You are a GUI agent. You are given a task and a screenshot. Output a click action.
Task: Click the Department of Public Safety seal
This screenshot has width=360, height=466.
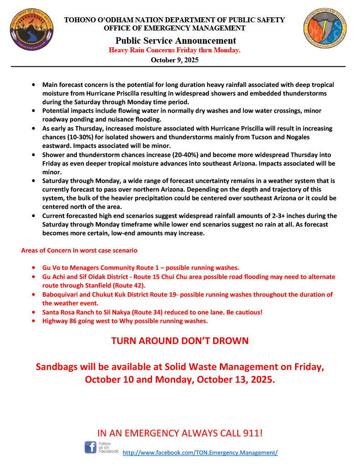pyautogui.click(x=31, y=31)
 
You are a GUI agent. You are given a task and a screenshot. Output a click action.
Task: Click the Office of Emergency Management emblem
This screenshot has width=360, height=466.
pyautogui.click(x=326, y=31)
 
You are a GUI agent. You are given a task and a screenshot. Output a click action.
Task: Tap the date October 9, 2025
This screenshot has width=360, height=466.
pyautogui.click(x=175, y=60)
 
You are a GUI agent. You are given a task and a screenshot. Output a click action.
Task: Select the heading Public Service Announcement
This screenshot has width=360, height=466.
pyautogui.click(x=175, y=41)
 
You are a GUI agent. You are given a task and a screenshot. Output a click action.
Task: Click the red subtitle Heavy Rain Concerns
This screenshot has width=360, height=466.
pyautogui.click(x=175, y=51)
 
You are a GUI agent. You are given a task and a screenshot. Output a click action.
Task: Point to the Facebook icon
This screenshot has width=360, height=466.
pyautogui.click(x=91, y=447)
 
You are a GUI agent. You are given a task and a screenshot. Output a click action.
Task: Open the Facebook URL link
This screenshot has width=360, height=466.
pyautogui.click(x=200, y=453)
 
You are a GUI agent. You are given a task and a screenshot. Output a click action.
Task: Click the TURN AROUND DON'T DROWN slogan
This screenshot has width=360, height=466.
pyautogui.click(x=180, y=341)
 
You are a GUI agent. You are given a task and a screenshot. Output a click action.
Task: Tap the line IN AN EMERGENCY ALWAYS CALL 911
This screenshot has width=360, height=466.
pyautogui.click(x=180, y=433)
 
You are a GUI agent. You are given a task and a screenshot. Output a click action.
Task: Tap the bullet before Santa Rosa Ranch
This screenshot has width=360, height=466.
pyautogui.click(x=34, y=313)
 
